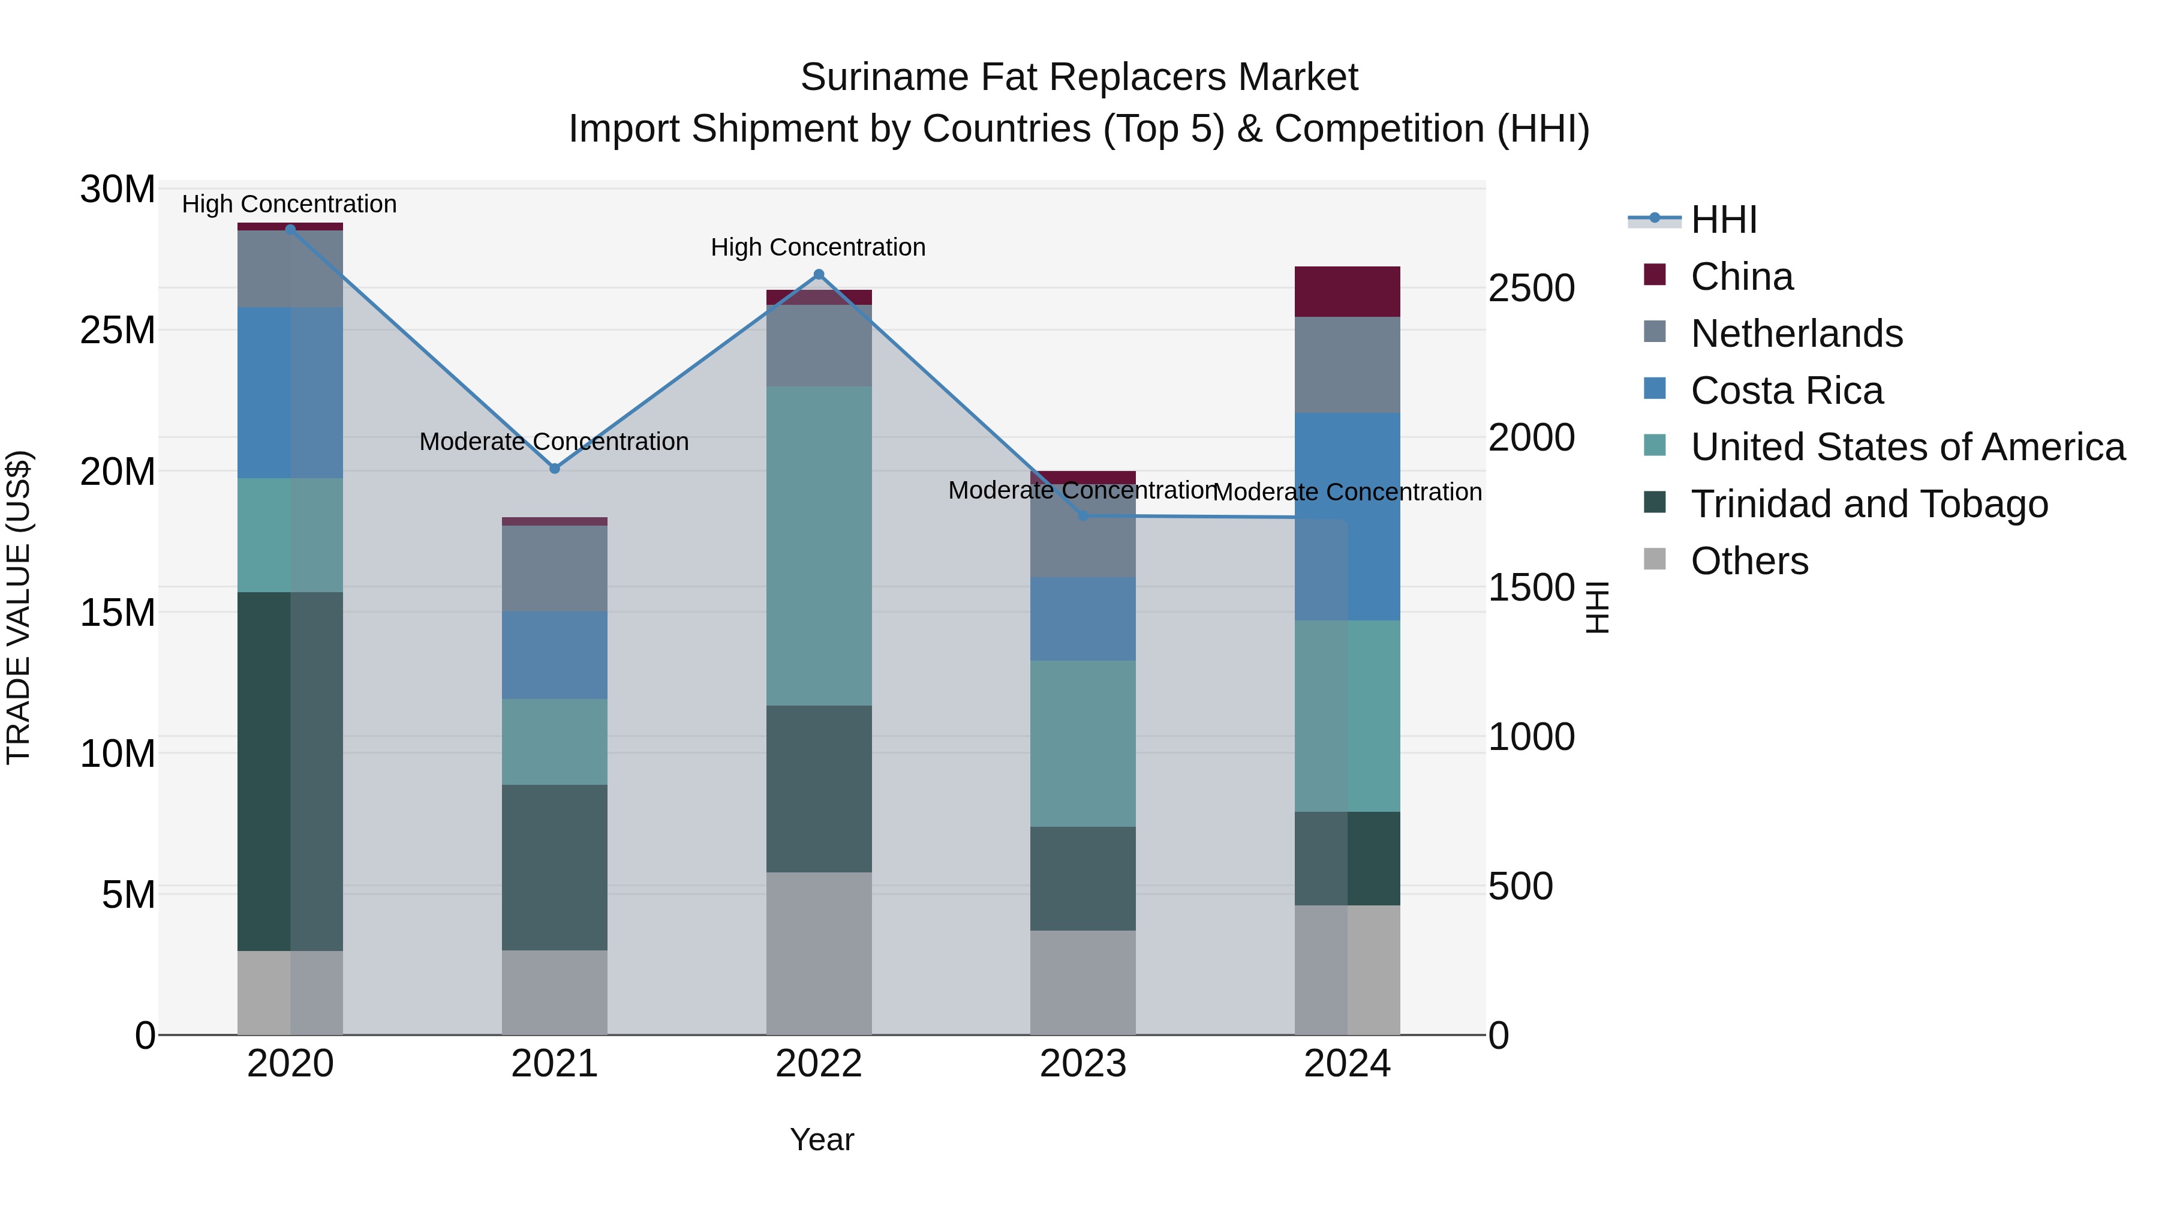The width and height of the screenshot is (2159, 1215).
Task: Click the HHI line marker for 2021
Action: [554, 468]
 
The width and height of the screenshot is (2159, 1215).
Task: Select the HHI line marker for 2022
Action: [819, 274]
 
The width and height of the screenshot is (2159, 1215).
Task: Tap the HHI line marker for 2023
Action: [1083, 515]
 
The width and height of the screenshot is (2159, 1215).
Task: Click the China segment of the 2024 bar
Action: [1347, 291]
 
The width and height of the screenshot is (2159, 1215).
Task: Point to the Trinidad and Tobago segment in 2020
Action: [290, 772]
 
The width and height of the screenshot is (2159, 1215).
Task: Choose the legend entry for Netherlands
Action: [1796, 334]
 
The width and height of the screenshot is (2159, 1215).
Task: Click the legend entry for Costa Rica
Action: [1786, 391]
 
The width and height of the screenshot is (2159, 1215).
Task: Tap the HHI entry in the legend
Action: [1723, 220]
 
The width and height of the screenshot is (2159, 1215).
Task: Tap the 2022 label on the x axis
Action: [819, 1064]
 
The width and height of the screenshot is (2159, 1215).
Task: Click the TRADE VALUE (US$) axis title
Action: [19, 607]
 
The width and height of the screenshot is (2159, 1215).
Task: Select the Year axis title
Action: [822, 1139]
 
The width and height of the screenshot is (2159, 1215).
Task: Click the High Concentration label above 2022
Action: [818, 247]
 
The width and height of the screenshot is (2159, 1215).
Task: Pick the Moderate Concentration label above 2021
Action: [554, 441]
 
